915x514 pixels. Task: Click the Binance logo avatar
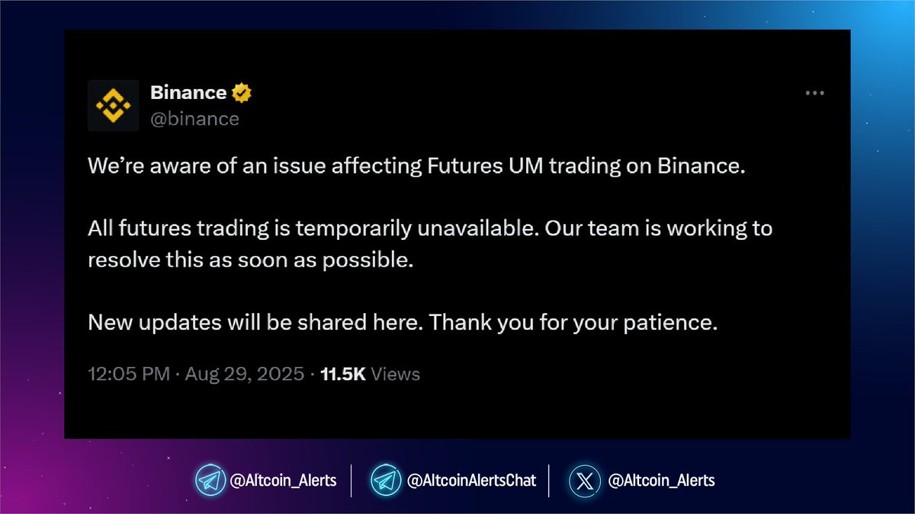(114, 105)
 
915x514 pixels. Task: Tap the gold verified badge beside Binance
(242, 93)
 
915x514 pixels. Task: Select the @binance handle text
(194, 119)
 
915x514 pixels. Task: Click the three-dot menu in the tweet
(815, 93)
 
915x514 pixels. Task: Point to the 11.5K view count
(343, 374)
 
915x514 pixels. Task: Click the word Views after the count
(395, 374)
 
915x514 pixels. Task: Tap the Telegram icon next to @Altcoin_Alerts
(210, 480)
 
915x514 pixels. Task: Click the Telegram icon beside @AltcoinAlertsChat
(386, 480)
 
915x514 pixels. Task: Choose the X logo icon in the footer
(584, 480)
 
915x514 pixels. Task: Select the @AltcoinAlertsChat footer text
(471, 480)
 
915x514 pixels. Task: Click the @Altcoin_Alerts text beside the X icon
(661, 480)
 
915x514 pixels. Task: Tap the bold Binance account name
(188, 93)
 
